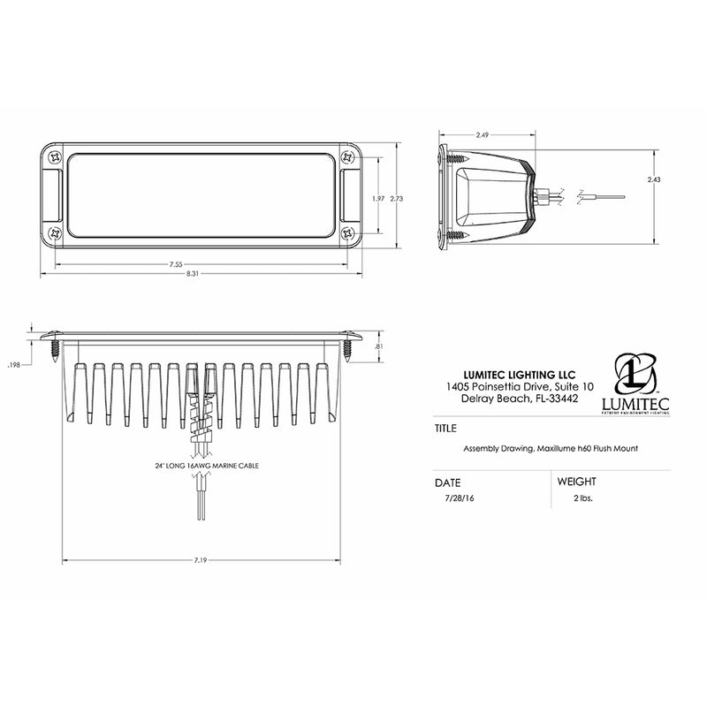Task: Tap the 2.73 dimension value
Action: pyautogui.click(x=398, y=198)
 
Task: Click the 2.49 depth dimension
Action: pyautogui.click(x=483, y=135)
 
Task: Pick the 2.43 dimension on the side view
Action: pyautogui.click(x=653, y=179)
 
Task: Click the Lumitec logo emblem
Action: pyautogui.click(x=635, y=376)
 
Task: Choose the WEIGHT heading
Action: pyautogui.click(x=576, y=482)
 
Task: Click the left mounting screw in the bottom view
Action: pyautogui.click(x=55, y=346)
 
